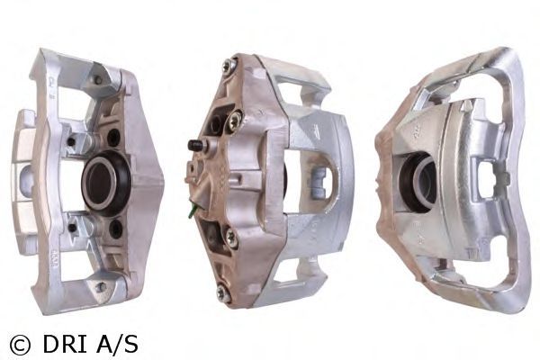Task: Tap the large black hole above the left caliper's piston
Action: tap(113, 137)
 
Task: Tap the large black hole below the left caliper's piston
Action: tap(115, 229)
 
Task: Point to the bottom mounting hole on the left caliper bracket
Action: tap(100, 286)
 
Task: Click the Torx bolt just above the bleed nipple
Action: tap(235, 120)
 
